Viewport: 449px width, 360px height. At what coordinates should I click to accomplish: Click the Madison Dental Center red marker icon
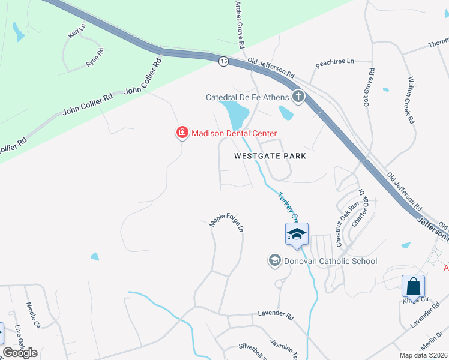[x=181, y=133]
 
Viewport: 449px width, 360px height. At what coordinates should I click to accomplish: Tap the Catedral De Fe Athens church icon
[x=298, y=97]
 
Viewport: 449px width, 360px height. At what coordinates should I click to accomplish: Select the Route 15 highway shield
[x=223, y=62]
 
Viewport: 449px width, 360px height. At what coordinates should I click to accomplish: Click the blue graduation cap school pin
[x=297, y=233]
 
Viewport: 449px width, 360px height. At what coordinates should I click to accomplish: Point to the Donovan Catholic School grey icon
[x=274, y=260]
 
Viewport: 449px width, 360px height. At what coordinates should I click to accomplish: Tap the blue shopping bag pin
[x=413, y=286]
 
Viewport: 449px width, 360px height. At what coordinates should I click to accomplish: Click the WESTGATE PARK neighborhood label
[x=270, y=156]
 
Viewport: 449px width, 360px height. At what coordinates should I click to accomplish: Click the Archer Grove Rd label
[x=240, y=24]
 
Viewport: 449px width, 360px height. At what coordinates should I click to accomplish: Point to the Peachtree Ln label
[x=335, y=61]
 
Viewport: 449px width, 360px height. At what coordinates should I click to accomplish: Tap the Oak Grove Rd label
[x=368, y=88]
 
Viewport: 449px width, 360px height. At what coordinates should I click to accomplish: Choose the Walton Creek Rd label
[x=411, y=100]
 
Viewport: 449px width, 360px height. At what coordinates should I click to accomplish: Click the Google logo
[x=20, y=353]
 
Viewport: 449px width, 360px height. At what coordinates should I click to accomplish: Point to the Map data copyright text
[x=424, y=355]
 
